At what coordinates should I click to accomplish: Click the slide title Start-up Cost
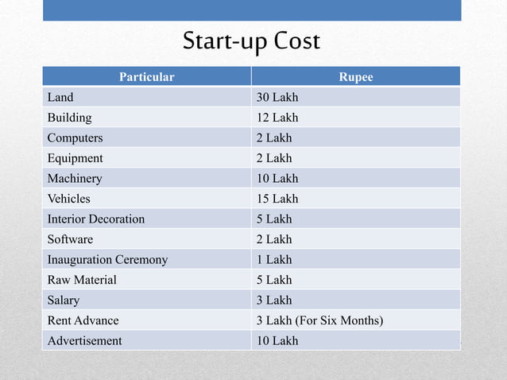point(251,41)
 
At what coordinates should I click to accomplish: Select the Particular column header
point(147,77)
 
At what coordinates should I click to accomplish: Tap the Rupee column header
point(356,77)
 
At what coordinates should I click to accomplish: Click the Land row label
point(60,98)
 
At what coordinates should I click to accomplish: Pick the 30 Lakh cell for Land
point(277,98)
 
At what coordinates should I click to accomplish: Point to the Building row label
point(70,118)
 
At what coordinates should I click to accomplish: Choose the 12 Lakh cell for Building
point(277,118)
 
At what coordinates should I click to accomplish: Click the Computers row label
point(75,138)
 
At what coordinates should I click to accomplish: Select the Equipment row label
point(75,158)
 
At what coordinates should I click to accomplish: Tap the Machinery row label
point(75,179)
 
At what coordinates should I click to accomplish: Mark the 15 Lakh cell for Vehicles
point(277,199)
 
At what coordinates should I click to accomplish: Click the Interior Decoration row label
point(96,219)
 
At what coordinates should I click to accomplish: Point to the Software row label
point(70,239)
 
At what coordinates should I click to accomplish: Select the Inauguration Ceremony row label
point(107,260)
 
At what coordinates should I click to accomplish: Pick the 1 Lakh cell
point(274,260)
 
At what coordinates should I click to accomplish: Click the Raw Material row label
point(82,280)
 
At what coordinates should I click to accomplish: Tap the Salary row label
point(64,301)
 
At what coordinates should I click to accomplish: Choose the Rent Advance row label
point(83,320)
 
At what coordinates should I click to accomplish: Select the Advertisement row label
point(85,341)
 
